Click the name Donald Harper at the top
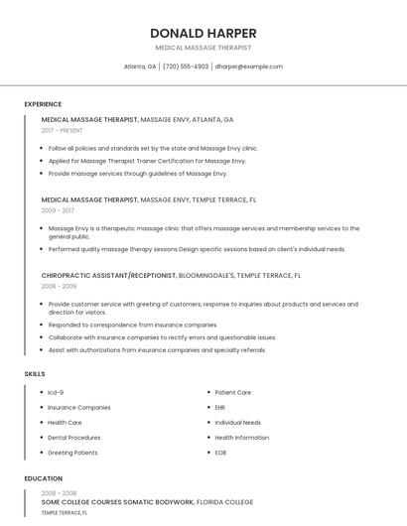pyautogui.click(x=203, y=33)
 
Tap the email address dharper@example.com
pyautogui.click(x=249, y=66)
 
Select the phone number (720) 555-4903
pyautogui.click(x=186, y=66)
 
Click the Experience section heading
pyautogui.click(x=43, y=104)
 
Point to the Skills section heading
pyautogui.click(x=35, y=373)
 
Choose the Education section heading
pyautogui.click(x=44, y=478)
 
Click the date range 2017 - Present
pyautogui.click(x=63, y=130)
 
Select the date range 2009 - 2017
pyautogui.click(x=58, y=210)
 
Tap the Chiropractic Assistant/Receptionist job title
pyautogui.click(x=108, y=275)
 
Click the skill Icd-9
pyautogui.click(x=56, y=392)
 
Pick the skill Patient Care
pyautogui.click(x=232, y=392)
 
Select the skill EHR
pyautogui.click(x=220, y=407)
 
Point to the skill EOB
pyautogui.click(x=220, y=453)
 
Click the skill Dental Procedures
pyautogui.click(x=73, y=438)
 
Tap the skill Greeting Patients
pyautogui.click(x=72, y=453)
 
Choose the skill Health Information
pyautogui.click(x=241, y=438)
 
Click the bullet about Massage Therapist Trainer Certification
pyautogui.click(x=147, y=161)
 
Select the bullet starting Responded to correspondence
pyautogui.click(x=132, y=325)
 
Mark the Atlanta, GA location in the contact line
pyautogui.click(x=140, y=66)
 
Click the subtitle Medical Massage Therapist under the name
pyautogui.click(x=203, y=48)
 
